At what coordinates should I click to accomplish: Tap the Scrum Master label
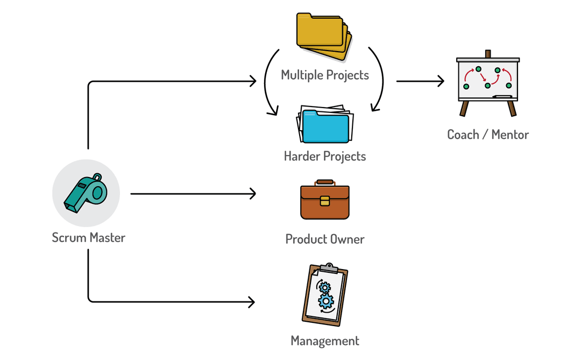click(88, 237)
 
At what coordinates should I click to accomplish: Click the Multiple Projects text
click(325, 75)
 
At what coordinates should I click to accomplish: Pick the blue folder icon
click(325, 125)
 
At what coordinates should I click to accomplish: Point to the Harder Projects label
click(325, 157)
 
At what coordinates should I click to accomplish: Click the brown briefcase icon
click(324, 201)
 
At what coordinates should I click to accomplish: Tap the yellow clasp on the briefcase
click(324, 201)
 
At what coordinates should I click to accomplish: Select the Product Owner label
click(325, 239)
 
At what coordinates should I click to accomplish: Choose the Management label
click(325, 341)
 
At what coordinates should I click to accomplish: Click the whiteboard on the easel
click(488, 79)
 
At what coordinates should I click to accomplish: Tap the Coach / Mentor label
click(488, 135)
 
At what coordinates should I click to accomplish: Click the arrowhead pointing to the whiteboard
click(441, 81)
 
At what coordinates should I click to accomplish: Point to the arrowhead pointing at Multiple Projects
click(252, 82)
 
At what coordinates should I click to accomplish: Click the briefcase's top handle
click(325, 182)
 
